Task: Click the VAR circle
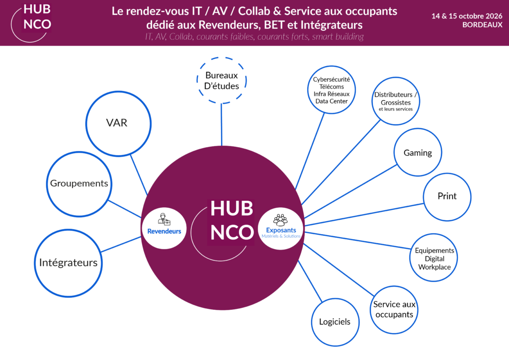[117, 122]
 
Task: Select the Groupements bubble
[79, 183]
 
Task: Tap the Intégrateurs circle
[68, 263]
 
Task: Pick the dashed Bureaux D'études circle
[221, 81]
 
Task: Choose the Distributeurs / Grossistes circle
[396, 101]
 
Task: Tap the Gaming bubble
[418, 153]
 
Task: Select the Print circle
[447, 196]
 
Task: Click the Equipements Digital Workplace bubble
[434, 259]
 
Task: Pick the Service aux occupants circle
[394, 309]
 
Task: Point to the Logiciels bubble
[335, 322]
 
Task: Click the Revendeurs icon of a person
[164, 219]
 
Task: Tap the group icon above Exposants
[281, 219]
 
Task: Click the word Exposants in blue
[281, 230]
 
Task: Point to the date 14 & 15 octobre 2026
[467, 16]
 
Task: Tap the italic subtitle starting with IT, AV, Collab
[254, 37]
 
